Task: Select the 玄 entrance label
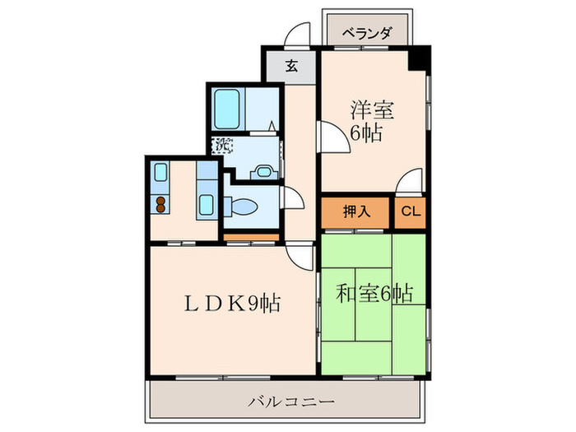pos(290,67)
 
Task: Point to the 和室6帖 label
pos(374,292)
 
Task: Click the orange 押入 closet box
pos(356,211)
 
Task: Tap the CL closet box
pos(411,211)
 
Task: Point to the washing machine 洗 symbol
pos(222,146)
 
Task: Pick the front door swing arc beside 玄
pos(298,37)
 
